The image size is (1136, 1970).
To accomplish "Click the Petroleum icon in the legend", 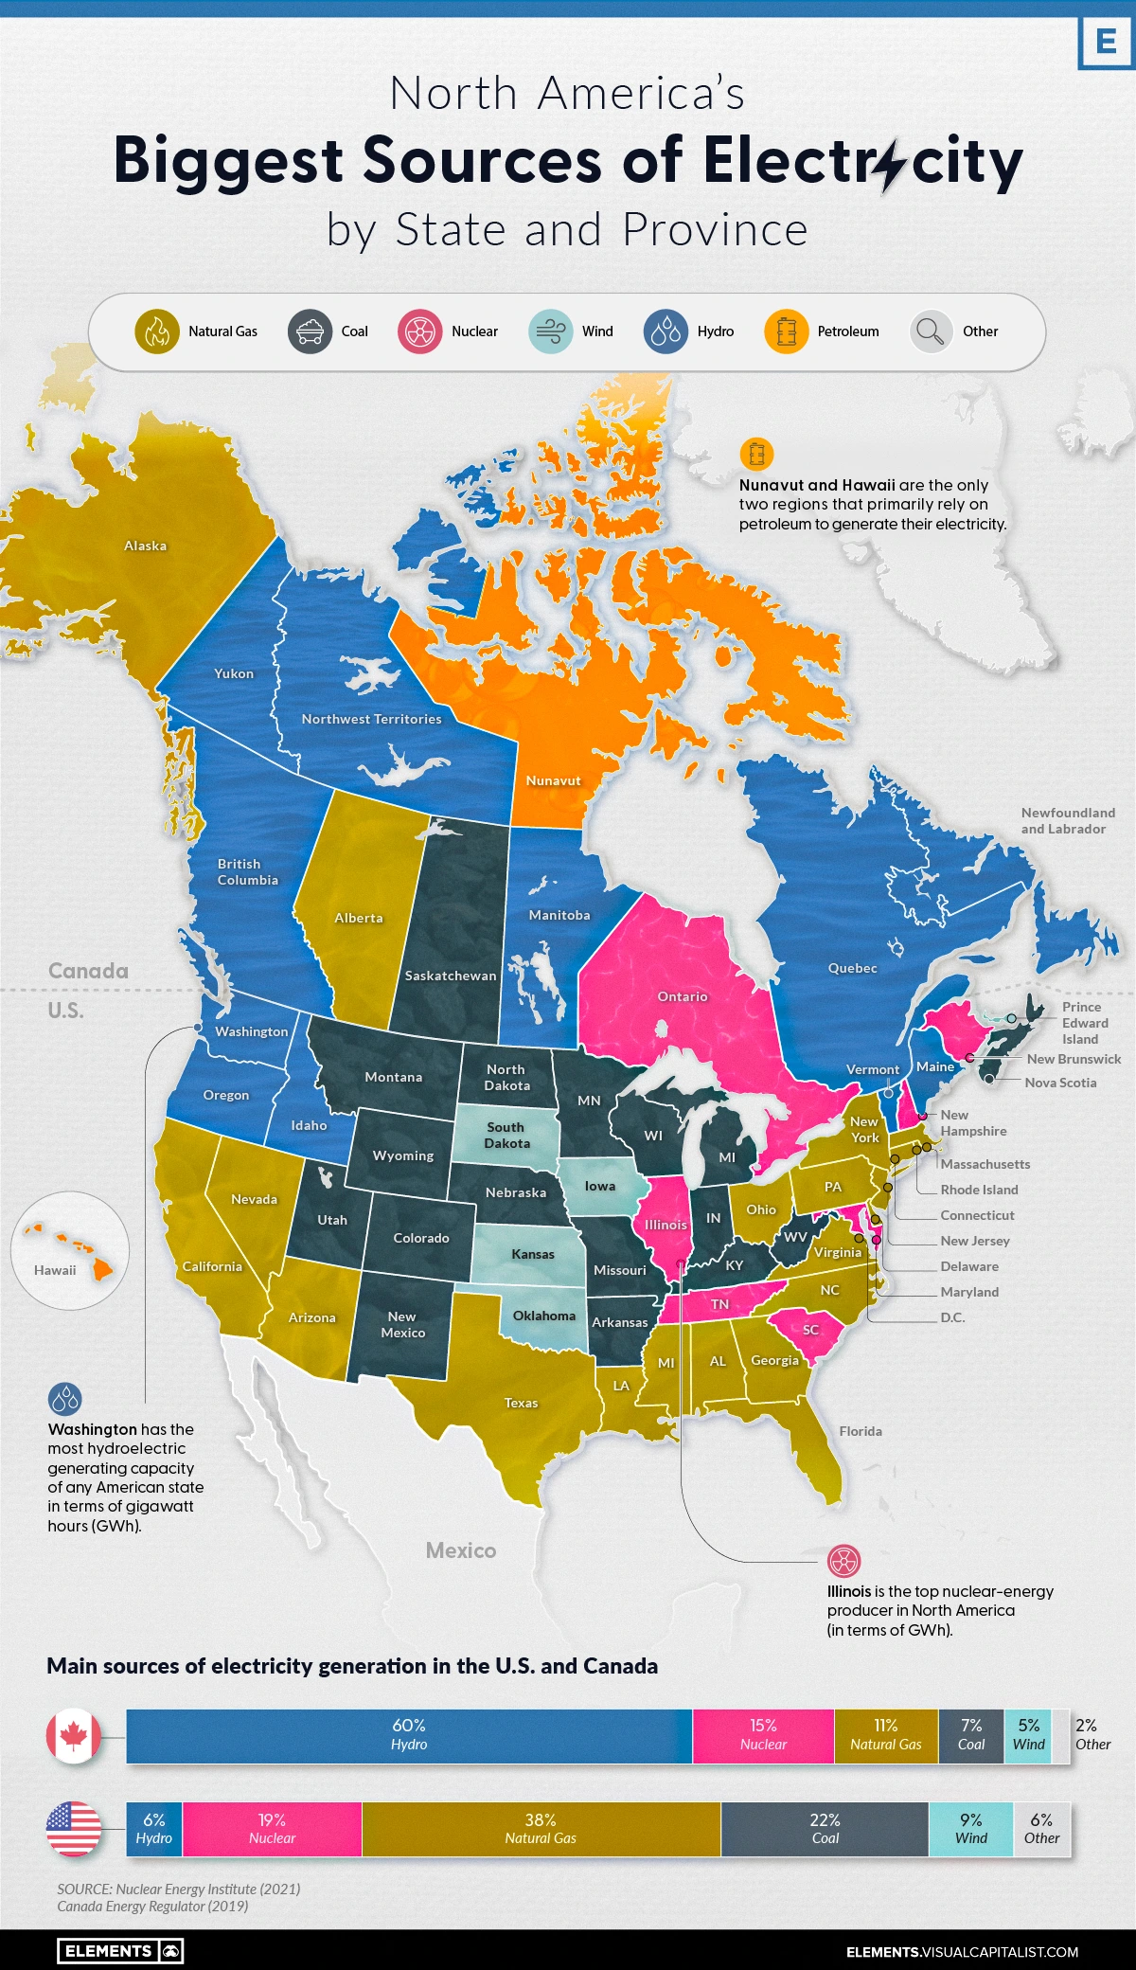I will [786, 331].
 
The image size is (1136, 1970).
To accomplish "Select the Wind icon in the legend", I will [551, 331].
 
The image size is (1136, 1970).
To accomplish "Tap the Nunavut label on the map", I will [553, 780].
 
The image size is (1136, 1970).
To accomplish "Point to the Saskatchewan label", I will [450, 976].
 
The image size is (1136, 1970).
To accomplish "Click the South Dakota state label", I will [506, 1135].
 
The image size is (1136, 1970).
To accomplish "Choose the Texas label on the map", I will [521, 1403].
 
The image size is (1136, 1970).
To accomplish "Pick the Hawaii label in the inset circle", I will [55, 1270].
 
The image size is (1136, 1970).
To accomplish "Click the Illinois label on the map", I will [666, 1225].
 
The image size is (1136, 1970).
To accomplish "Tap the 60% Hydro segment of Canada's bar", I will [409, 1735].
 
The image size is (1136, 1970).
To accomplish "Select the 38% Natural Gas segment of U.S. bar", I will [541, 1829].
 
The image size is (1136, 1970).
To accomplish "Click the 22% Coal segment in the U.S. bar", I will [825, 1829].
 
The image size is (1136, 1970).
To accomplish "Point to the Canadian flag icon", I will [74, 1736].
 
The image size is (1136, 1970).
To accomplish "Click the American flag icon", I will [74, 1829].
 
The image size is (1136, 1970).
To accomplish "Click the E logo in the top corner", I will [1105, 42].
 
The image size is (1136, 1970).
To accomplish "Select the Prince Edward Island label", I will [1084, 1023].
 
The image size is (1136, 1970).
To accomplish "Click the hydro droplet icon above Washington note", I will [65, 1398].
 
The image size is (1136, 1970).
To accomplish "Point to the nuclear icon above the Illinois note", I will [843, 1560].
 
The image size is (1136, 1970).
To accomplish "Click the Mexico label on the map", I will [460, 1550].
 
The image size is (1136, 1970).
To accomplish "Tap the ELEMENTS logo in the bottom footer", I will [120, 1950].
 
